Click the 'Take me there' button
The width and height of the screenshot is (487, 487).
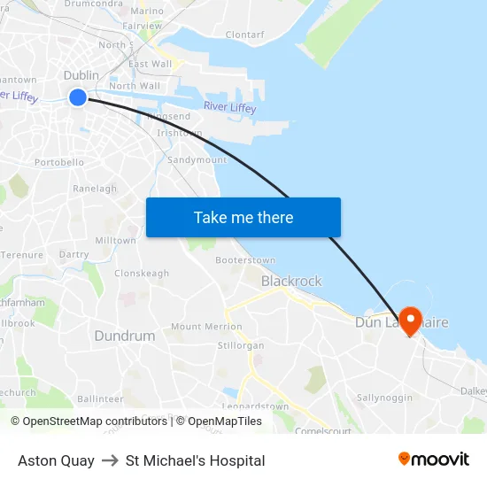pos(243,217)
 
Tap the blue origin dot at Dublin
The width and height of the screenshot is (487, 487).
pos(78,97)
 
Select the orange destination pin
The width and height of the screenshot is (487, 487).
pos(410,320)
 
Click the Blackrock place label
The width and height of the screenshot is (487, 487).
pos(291,281)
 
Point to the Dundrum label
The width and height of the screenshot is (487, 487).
pos(124,336)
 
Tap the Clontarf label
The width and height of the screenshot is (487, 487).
pos(244,35)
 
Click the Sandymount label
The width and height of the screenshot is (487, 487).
pos(197,160)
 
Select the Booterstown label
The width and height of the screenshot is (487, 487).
pos(245,261)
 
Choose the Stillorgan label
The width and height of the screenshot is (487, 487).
pos(241,345)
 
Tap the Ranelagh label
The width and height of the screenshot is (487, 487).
pos(95,189)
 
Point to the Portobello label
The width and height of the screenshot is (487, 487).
pos(59,162)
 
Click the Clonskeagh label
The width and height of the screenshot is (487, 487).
pos(142,274)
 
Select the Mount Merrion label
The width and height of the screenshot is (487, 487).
pos(206,327)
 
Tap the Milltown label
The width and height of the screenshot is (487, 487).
pos(115,241)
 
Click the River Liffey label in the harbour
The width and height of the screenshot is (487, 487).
pos(229,107)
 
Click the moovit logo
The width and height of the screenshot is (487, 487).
pos(433,460)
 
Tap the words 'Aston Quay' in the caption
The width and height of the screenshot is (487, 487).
pos(56,460)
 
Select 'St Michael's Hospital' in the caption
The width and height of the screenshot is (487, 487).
pos(195,460)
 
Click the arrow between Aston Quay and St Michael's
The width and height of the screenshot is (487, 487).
pos(110,460)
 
